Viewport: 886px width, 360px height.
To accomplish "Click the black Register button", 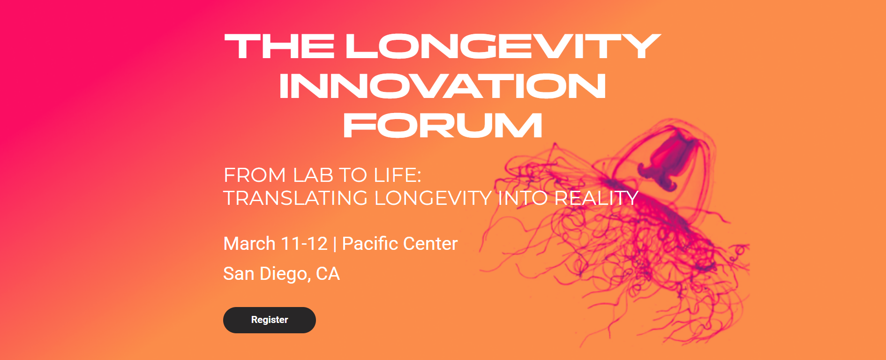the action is [270, 320].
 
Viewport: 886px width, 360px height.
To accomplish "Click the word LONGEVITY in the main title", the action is [503, 46].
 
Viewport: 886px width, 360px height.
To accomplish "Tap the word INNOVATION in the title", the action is [443, 86].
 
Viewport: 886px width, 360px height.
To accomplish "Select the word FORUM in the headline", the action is [443, 126].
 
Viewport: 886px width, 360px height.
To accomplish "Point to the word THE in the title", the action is [279, 46].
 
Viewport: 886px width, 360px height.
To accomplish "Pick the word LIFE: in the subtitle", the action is [398, 175].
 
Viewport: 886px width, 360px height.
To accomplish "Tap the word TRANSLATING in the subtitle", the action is [295, 198].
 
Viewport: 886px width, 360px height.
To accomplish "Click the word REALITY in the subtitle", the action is [596, 198].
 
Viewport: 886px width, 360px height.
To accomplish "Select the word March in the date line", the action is [249, 244].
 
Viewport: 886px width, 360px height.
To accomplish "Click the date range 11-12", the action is [304, 244].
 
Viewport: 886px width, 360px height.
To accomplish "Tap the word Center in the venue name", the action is [430, 244].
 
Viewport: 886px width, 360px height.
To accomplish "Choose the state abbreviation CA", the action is [328, 274].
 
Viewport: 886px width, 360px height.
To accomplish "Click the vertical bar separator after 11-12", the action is [335, 244].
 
